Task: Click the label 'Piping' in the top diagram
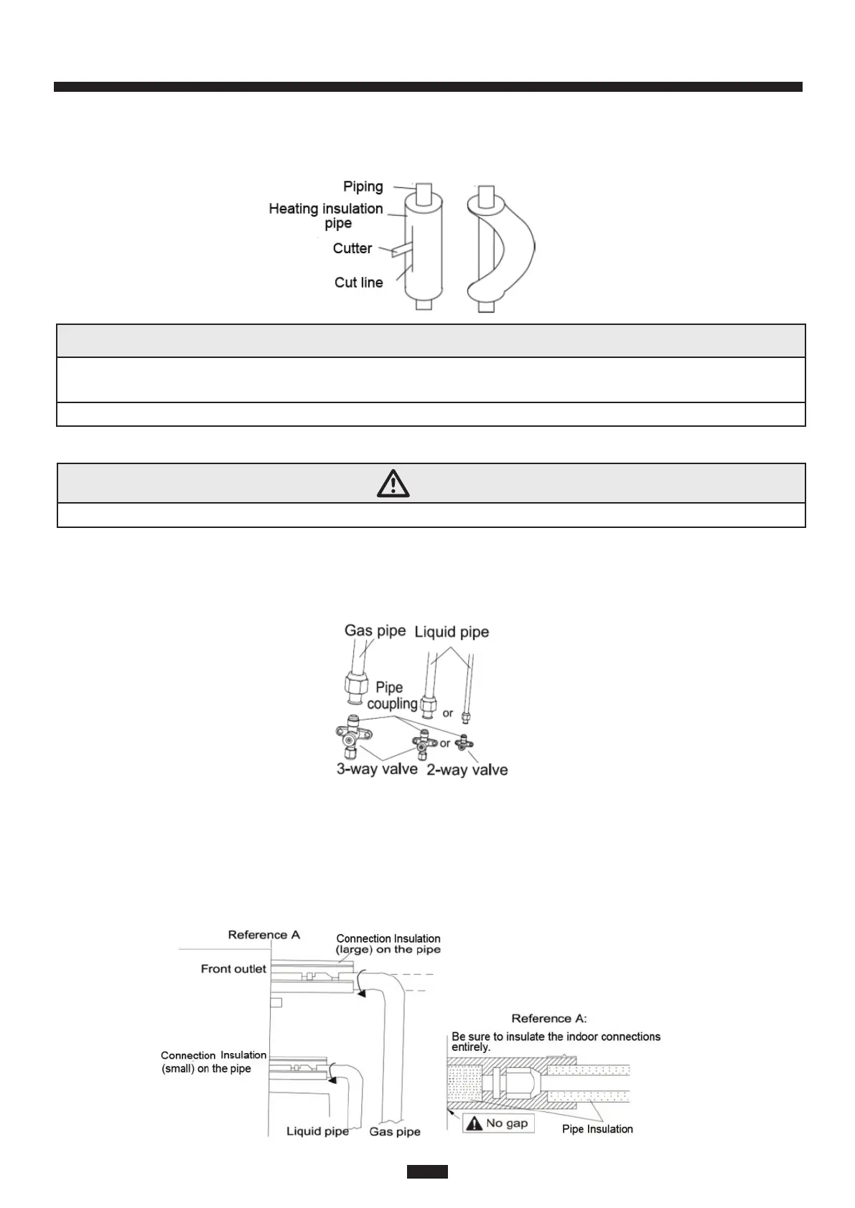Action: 363,187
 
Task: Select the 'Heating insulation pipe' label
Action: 326,215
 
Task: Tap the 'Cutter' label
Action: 352,248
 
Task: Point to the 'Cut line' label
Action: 358,282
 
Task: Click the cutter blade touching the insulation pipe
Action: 399,250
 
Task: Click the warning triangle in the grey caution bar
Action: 393,484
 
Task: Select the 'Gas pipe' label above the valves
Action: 375,631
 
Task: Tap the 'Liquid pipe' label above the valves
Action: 452,632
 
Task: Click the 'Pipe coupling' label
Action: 391,695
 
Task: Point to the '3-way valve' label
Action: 377,769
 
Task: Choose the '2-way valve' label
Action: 467,770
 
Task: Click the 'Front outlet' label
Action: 233,968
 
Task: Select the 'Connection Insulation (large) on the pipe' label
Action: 388,943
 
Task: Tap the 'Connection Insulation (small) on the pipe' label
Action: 212,1062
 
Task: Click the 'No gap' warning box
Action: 499,1123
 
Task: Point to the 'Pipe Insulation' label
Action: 597,1129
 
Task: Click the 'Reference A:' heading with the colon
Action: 548,1018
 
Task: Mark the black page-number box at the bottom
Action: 427,1171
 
